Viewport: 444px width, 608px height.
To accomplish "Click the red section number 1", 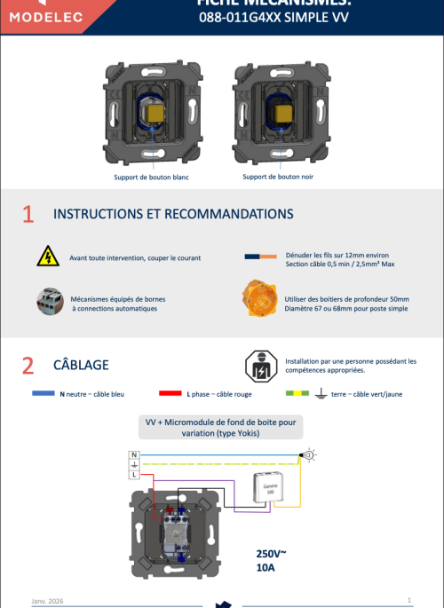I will click(28, 214).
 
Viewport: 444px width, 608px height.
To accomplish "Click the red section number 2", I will click(28, 365).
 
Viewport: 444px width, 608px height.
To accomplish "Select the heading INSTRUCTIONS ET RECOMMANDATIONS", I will click(173, 214).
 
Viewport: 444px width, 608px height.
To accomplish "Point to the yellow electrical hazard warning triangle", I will click(45, 257).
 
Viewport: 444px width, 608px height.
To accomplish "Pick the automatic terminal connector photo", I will click(47, 302).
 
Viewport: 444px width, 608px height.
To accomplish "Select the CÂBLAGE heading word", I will click(81, 365).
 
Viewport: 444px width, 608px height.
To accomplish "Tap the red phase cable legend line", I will click(170, 392).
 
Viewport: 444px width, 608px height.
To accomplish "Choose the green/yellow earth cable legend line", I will click(296, 392).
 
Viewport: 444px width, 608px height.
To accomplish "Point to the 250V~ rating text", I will click(272, 553).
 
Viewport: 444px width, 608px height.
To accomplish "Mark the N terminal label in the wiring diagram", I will click(134, 454).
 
